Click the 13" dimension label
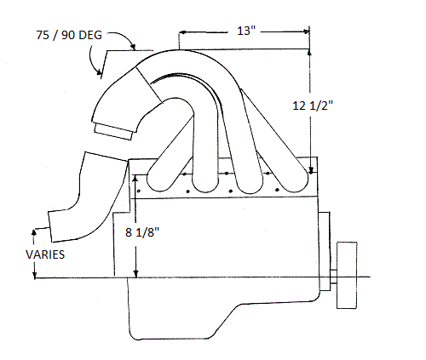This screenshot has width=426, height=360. point(246,31)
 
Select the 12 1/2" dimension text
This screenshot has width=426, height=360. point(313,106)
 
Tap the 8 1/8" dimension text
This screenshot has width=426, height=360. point(142,232)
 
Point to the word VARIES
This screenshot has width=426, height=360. point(45,254)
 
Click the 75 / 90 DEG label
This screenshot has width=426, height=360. point(69,35)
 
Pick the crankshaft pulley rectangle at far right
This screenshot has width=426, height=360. point(347,275)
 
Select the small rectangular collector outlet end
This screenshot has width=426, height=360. point(113,132)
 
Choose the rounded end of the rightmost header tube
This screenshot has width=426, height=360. point(296,181)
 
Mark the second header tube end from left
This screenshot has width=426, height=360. point(204,182)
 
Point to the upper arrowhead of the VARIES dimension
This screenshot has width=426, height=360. point(34,231)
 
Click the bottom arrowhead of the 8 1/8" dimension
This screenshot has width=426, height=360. point(136,274)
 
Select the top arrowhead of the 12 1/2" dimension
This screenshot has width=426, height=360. point(309,52)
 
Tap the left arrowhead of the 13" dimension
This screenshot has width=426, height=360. point(182,32)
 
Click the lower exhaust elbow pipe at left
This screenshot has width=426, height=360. point(85,198)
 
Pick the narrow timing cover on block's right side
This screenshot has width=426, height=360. point(325,251)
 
